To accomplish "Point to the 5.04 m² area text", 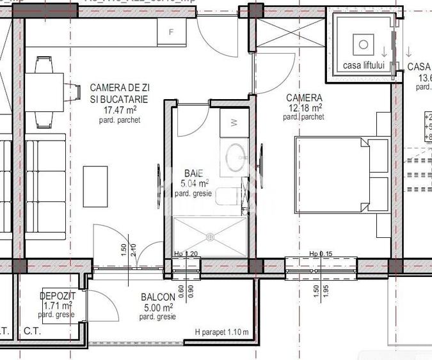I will (x=194, y=184).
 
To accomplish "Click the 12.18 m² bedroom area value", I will (x=305, y=107).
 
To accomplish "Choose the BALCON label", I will (x=157, y=297).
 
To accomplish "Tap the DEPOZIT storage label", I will (x=57, y=297).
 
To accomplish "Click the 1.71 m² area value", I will (x=57, y=306).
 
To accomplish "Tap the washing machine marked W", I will (x=234, y=121).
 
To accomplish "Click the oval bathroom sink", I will (x=235, y=155).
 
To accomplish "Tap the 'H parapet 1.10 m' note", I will (x=222, y=332).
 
